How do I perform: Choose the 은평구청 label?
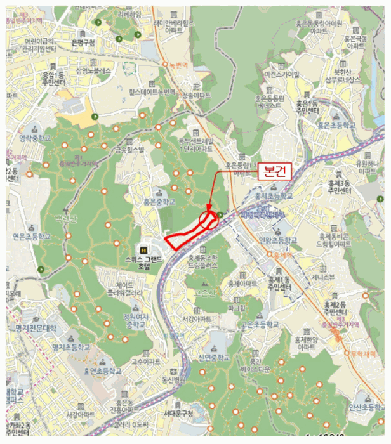click(x=83, y=43)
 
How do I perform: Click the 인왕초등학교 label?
click(x=278, y=241)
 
